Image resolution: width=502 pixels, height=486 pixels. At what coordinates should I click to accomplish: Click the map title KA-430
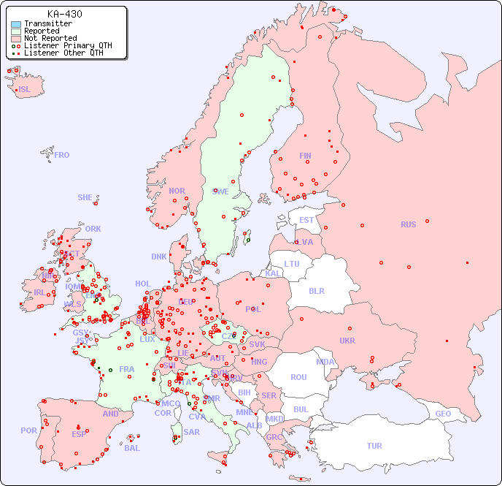(x=64, y=14)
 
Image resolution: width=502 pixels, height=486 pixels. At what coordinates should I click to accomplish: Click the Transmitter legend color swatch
(x=16, y=24)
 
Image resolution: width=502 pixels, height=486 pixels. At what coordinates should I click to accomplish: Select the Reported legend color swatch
(x=16, y=31)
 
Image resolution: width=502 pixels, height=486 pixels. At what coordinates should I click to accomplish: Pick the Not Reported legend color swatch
(x=16, y=39)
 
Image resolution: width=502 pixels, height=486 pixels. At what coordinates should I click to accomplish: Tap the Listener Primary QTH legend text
(x=68, y=45)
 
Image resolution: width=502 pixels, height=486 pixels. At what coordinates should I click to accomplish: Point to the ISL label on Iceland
(x=24, y=90)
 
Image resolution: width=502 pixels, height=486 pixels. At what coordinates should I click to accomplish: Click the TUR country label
(x=374, y=446)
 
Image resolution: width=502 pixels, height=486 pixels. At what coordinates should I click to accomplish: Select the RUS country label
(x=408, y=224)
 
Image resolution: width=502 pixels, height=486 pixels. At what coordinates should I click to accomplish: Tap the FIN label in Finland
(x=305, y=156)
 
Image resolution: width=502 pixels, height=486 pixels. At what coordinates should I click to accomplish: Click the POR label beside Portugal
(x=28, y=430)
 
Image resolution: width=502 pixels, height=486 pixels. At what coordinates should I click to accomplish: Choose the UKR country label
(x=347, y=341)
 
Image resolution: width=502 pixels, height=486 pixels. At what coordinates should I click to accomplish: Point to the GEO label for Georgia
(x=443, y=414)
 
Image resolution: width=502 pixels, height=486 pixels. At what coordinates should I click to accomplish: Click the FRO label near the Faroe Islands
(x=62, y=155)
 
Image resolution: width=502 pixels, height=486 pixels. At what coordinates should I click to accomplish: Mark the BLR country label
(x=317, y=290)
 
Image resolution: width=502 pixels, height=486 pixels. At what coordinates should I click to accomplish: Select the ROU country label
(x=298, y=377)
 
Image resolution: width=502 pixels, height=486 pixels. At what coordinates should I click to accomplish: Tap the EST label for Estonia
(x=306, y=220)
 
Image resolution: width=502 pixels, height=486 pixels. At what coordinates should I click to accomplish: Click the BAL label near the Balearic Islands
(x=132, y=448)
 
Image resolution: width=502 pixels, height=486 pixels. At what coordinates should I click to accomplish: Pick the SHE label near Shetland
(x=85, y=197)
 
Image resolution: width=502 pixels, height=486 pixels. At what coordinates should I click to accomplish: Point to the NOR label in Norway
(x=177, y=191)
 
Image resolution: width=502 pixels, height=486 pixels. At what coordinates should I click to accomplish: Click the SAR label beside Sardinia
(x=192, y=432)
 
